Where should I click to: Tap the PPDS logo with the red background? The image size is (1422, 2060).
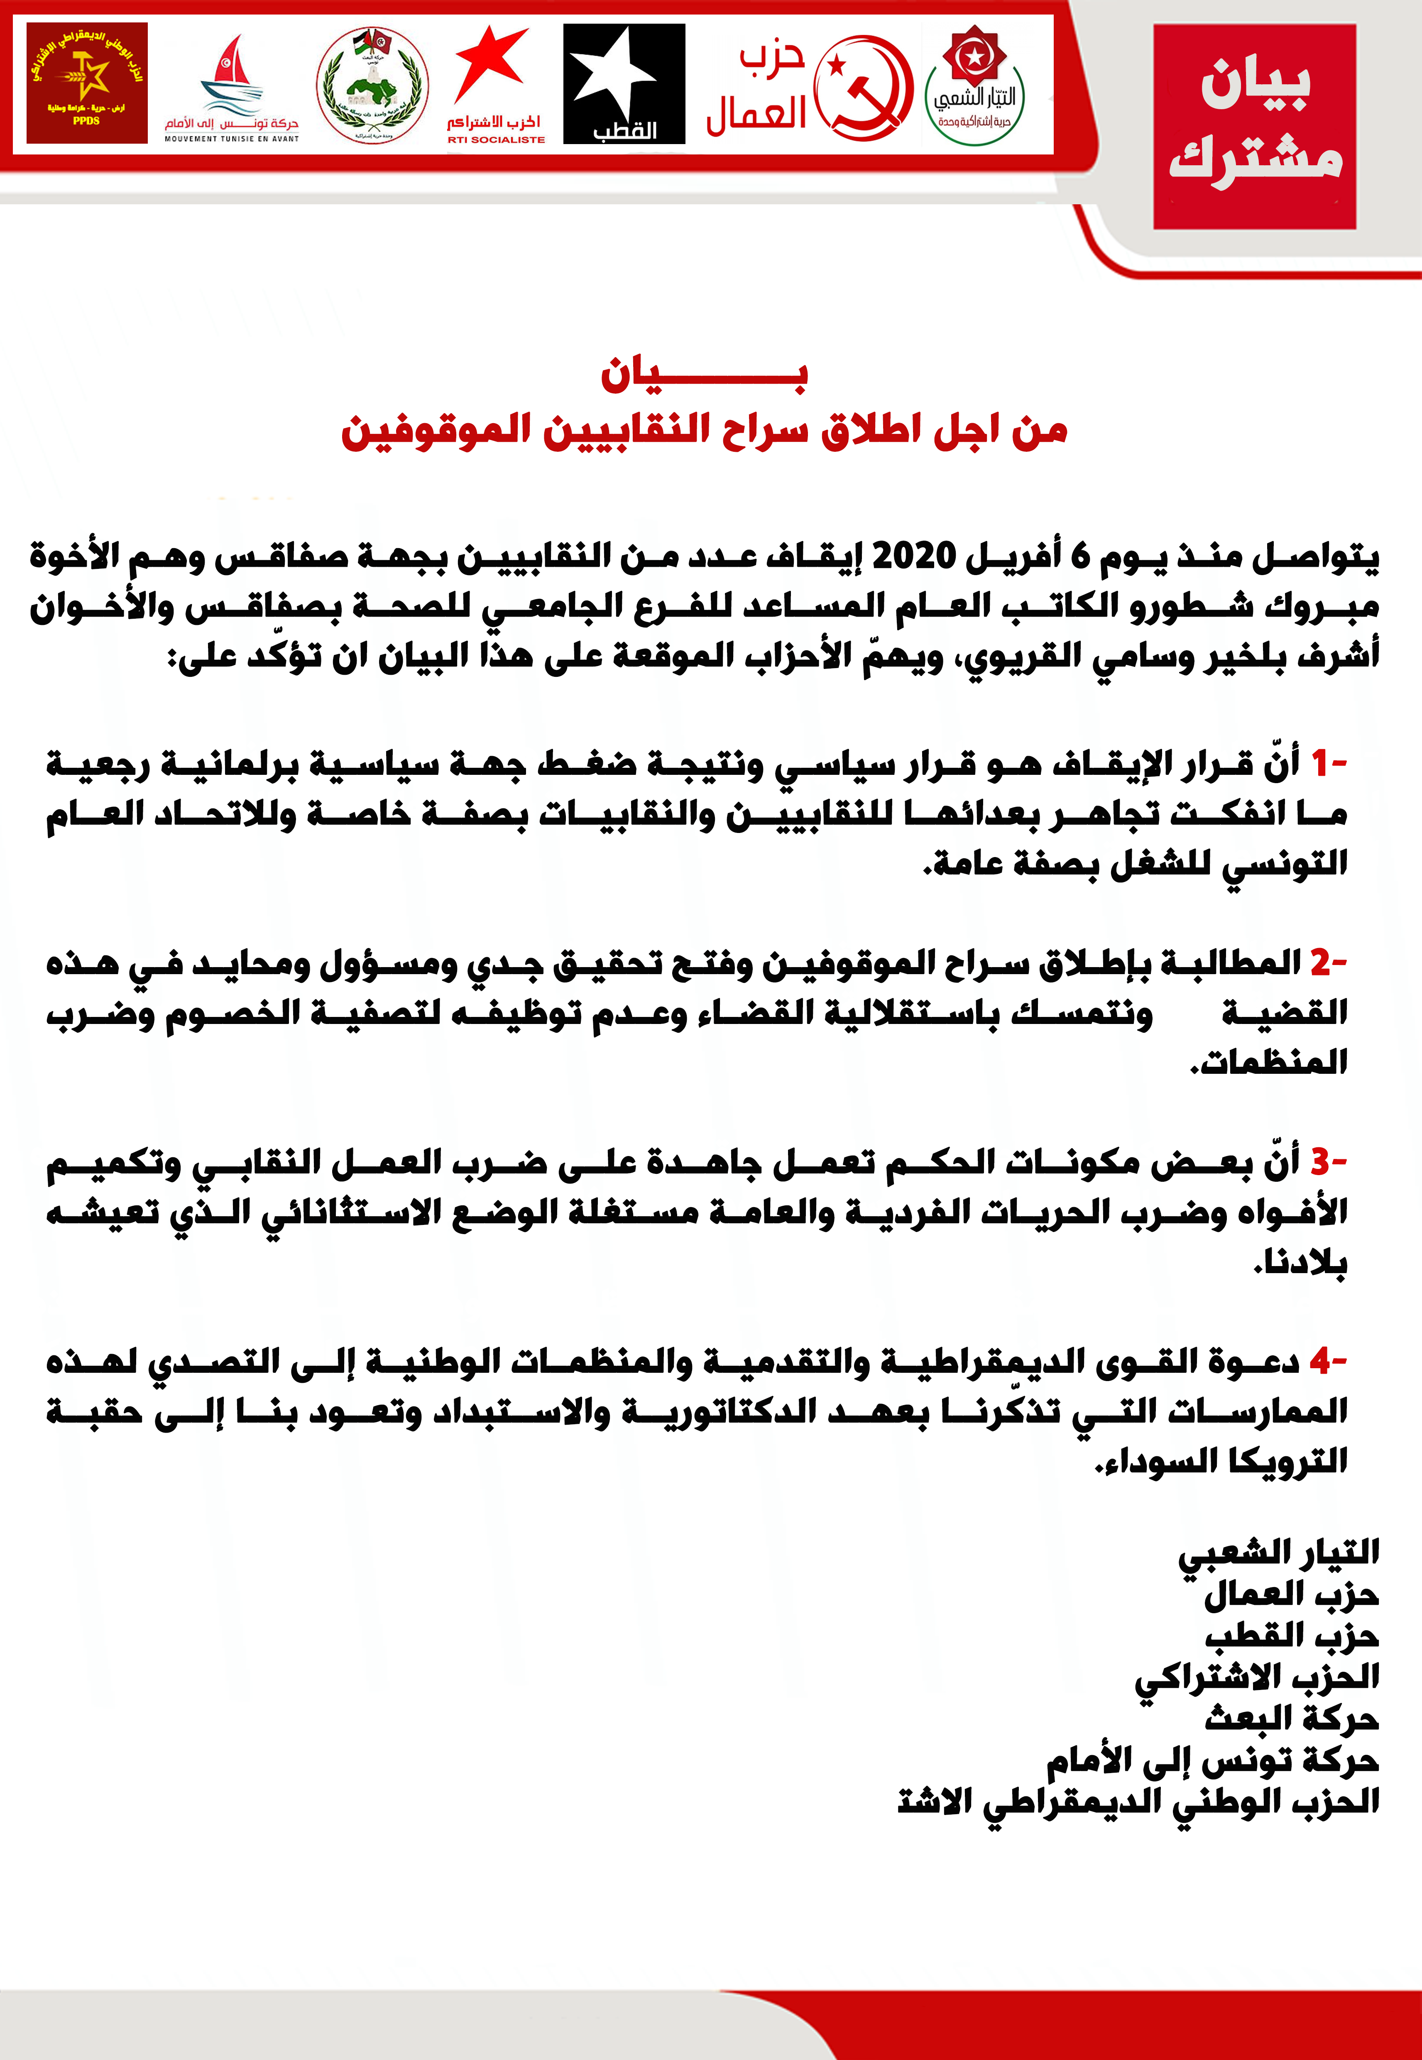tap(86, 83)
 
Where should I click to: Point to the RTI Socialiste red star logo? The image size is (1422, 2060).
tap(494, 85)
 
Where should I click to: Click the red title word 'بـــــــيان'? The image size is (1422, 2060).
tap(704, 374)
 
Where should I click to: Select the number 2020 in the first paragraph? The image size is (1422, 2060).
tap(913, 556)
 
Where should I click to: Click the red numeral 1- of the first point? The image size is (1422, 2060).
tap(1328, 763)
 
